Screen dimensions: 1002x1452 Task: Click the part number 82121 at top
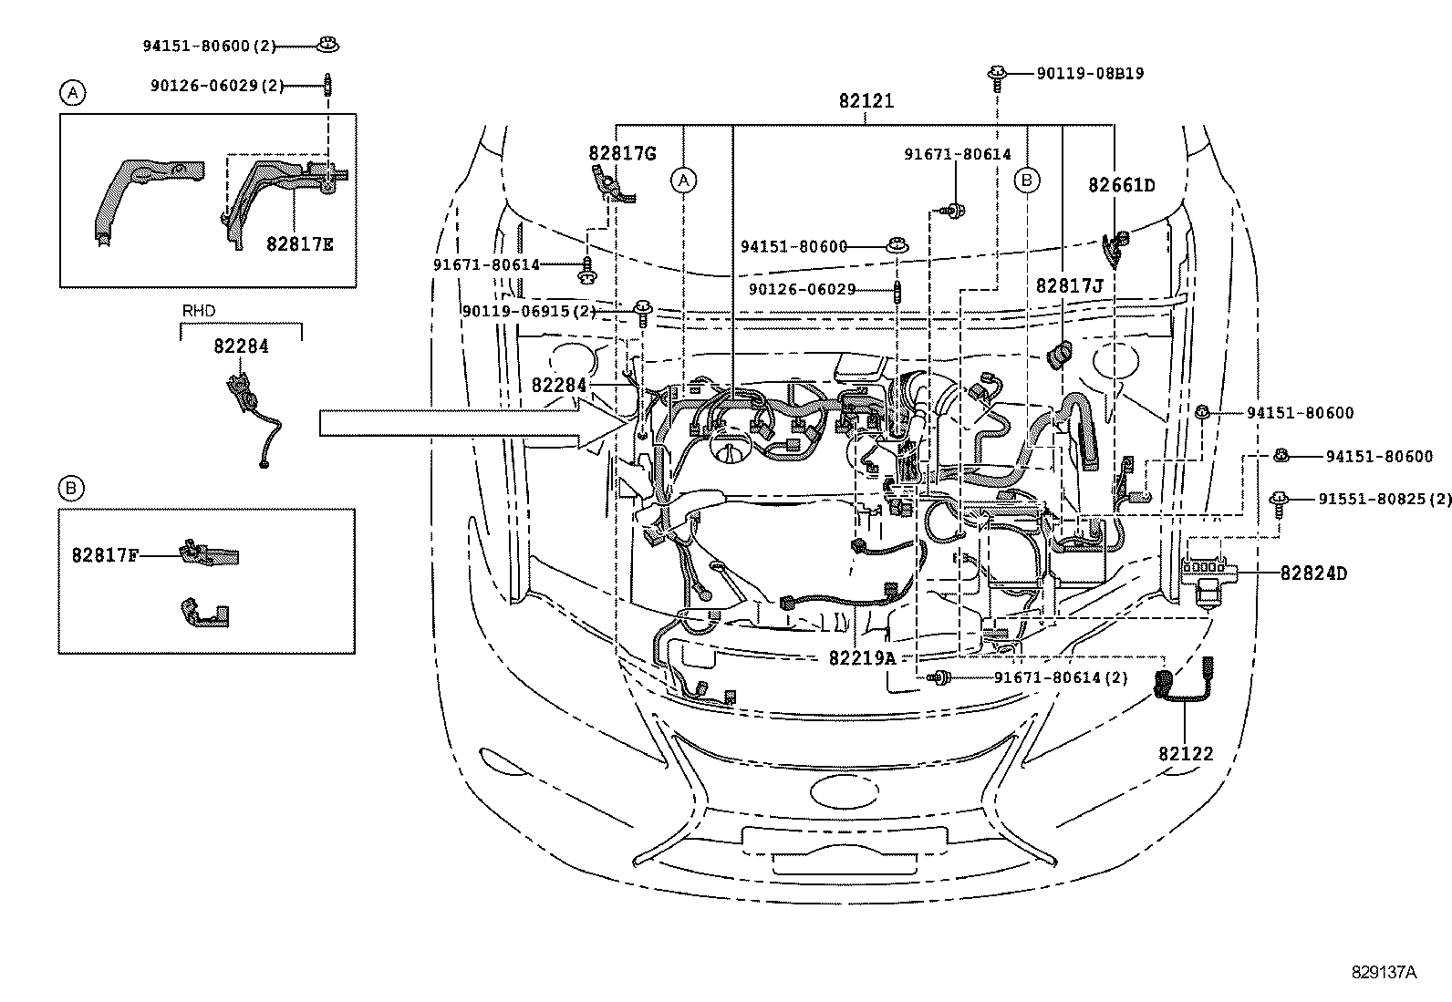click(x=866, y=101)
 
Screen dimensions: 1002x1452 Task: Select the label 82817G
click(x=622, y=153)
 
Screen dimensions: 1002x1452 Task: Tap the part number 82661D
click(x=1121, y=185)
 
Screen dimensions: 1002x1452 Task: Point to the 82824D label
click(x=1313, y=573)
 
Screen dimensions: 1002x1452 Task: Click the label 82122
click(x=1186, y=754)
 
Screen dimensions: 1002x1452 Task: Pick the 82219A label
click(x=863, y=657)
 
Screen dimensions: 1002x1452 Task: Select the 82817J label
click(x=1069, y=286)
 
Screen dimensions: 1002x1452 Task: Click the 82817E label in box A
click(x=300, y=243)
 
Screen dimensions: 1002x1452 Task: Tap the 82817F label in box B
click(x=105, y=553)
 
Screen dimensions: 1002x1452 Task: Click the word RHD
click(x=199, y=311)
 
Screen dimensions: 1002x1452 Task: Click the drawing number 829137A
click(x=1384, y=972)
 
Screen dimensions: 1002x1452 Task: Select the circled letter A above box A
click(x=73, y=91)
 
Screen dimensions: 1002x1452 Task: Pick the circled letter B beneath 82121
click(x=1027, y=181)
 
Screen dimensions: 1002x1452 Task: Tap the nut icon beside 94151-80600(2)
click(x=326, y=44)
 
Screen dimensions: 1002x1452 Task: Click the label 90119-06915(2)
click(x=529, y=311)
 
